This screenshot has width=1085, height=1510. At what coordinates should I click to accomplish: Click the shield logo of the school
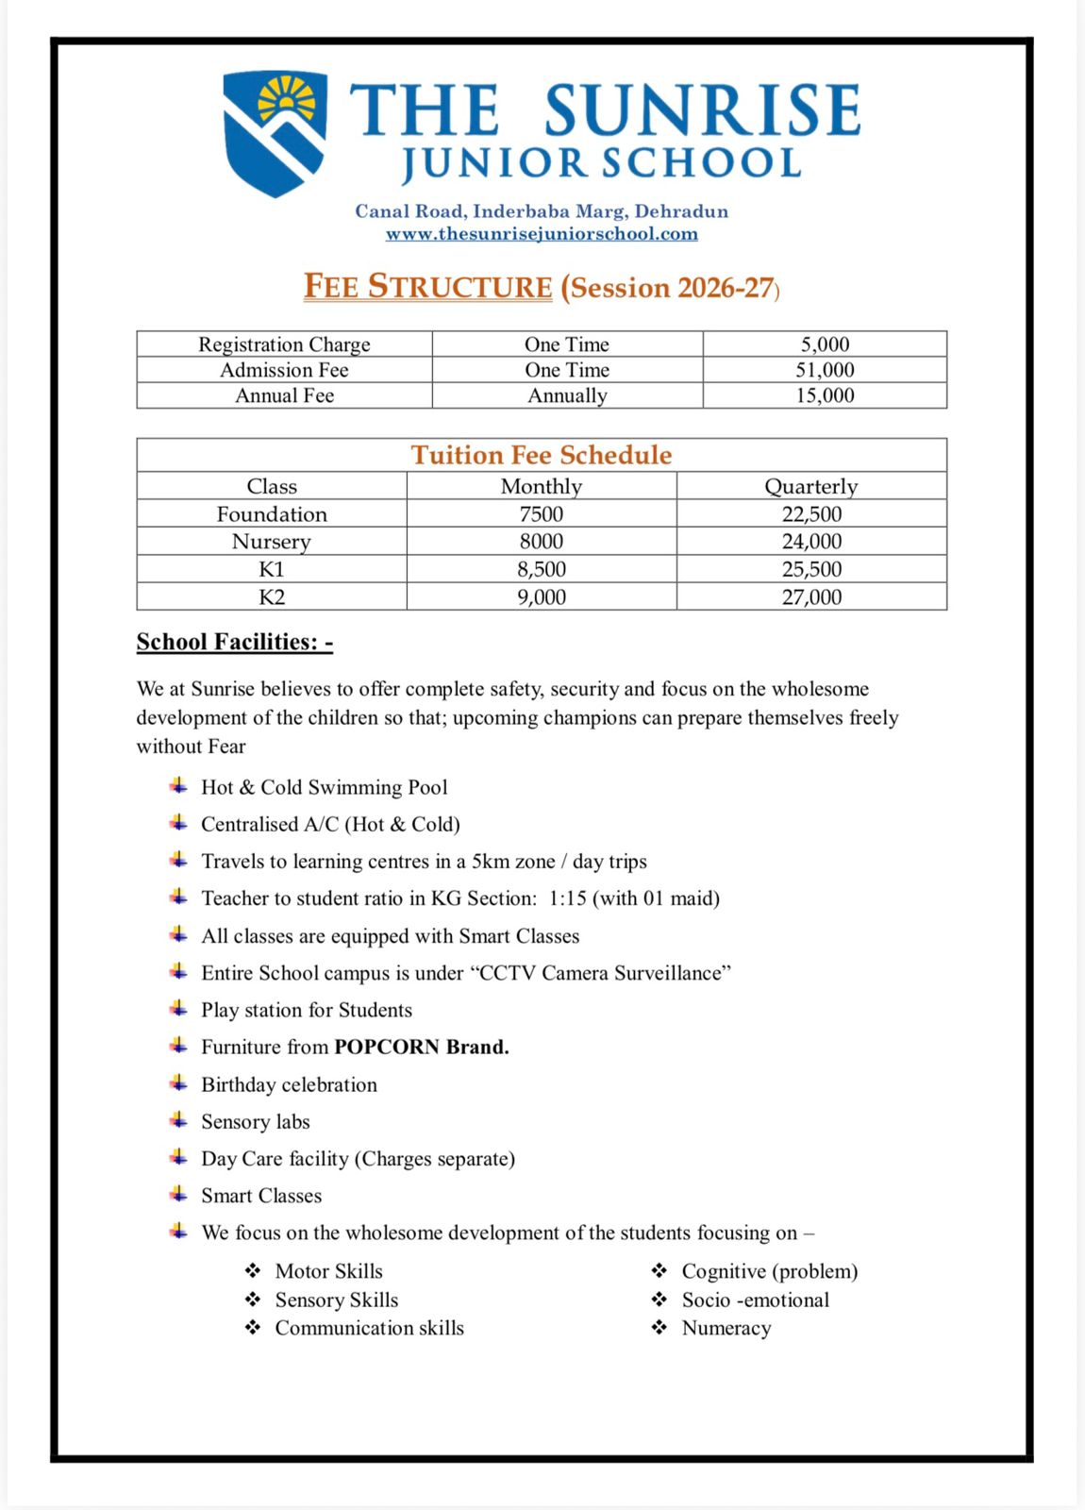click(x=275, y=133)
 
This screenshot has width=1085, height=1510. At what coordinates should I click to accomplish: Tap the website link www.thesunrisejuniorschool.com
click(x=542, y=234)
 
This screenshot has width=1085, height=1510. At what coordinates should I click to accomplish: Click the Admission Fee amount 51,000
click(x=825, y=370)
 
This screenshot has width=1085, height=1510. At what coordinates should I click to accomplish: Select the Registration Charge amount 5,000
click(x=825, y=344)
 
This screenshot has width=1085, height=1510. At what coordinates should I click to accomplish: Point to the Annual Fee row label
click(x=284, y=395)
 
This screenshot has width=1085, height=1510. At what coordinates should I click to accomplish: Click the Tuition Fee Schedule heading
click(x=542, y=455)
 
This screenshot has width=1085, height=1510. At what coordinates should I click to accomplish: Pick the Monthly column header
click(x=542, y=486)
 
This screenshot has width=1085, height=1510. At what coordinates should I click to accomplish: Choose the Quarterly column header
click(x=810, y=486)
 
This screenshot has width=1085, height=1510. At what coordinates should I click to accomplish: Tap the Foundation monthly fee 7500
click(x=542, y=514)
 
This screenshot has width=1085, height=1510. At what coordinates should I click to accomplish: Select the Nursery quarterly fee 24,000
click(x=811, y=542)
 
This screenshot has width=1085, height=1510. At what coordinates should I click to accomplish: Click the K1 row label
click(x=272, y=569)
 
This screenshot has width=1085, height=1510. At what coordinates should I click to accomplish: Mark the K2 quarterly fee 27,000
click(x=811, y=596)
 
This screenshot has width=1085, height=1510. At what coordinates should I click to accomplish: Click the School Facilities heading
click(x=235, y=642)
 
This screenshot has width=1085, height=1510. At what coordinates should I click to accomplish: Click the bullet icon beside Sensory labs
click(x=178, y=1120)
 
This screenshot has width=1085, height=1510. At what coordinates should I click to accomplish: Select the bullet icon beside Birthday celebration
click(x=178, y=1083)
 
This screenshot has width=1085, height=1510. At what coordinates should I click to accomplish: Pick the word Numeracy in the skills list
click(x=726, y=1328)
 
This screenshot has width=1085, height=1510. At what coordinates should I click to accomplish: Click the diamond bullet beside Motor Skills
click(x=253, y=1270)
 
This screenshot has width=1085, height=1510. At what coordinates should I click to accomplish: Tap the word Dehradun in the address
click(x=681, y=211)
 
